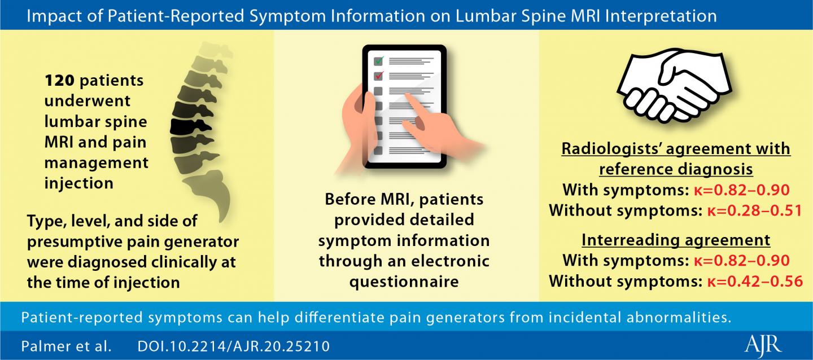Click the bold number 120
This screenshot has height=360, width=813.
click(x=59, y=80)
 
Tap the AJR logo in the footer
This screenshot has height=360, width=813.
click(x=763, y=345)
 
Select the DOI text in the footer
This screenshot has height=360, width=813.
click(x=233, y=346)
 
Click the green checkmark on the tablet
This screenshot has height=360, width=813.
click(x=379, y=60)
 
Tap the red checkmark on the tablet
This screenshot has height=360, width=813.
click(x=379, y=76)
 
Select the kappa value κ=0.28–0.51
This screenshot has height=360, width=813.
click(x=754, y=210)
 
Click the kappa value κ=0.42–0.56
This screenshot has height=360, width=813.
click(x=754, y=281)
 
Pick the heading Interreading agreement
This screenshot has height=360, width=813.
click(x=676, y=240)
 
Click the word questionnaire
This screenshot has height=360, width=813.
click(x=404, y=282)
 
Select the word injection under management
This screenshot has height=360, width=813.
click(x=79, y=183)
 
